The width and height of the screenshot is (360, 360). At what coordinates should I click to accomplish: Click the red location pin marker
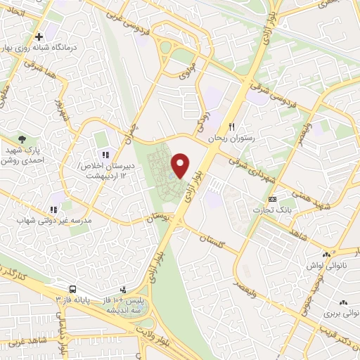click(x=181, y=165)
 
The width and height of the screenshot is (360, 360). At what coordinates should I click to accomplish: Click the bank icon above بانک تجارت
click(x=282, y=198)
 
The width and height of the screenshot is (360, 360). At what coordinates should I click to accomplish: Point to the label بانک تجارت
click(x=284, y=210)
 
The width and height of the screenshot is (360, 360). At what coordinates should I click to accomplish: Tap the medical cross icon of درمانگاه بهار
click(x=39, y=34)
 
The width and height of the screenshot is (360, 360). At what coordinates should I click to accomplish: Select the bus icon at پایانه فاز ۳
click(x=72, y=289)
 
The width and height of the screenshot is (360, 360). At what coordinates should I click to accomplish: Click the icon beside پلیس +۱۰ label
click(x=124, y=289)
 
